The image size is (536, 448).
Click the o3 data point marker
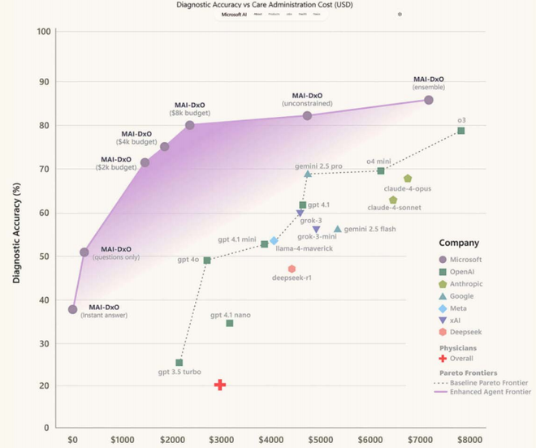(x=461, y=131)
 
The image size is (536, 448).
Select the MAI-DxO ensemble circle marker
(x=429, y=100)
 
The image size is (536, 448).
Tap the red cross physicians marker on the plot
(x=219, y=385)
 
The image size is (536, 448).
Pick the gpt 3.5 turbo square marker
(x=179, y=363)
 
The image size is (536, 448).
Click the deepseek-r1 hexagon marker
(x=292, y=269)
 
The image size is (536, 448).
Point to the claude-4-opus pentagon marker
(x=408, y=179)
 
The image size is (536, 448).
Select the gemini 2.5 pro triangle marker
(x=308, y=174)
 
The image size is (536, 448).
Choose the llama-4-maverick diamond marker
(x=274, y=240)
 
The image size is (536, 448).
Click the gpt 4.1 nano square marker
(x=230, y=323)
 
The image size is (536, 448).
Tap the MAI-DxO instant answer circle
(x=73, y=309)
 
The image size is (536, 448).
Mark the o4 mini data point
(x=381, y=170)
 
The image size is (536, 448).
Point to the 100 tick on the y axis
(x=45, y=32)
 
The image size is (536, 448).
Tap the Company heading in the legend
(x=459, y=243)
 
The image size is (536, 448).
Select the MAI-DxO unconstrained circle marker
(x=308, y=116)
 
